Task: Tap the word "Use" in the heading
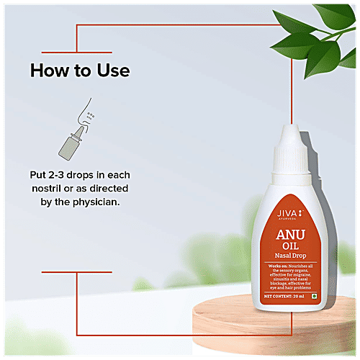112,71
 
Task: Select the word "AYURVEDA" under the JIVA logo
289,221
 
